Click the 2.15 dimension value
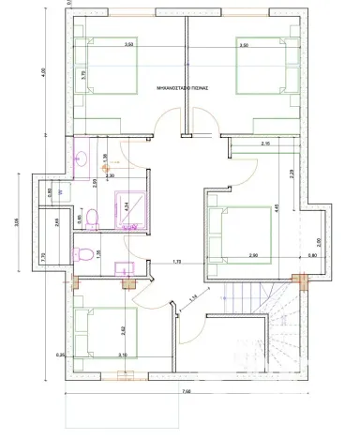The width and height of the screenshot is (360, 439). coord(265,143)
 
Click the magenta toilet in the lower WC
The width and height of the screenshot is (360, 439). coord(85,253)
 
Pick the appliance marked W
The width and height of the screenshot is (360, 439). coord(61,190)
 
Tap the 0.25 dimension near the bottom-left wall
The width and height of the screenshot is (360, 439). coord(61,355)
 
